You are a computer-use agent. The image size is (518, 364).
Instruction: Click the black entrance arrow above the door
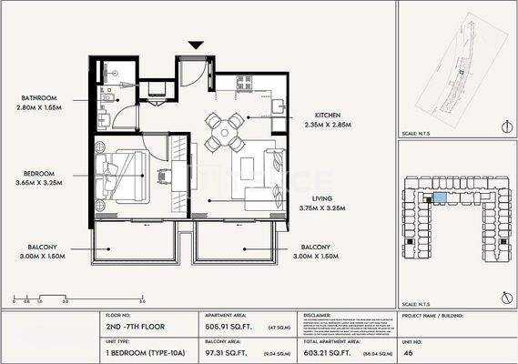[195, 44]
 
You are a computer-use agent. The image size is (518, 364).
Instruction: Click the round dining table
[224, 133]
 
